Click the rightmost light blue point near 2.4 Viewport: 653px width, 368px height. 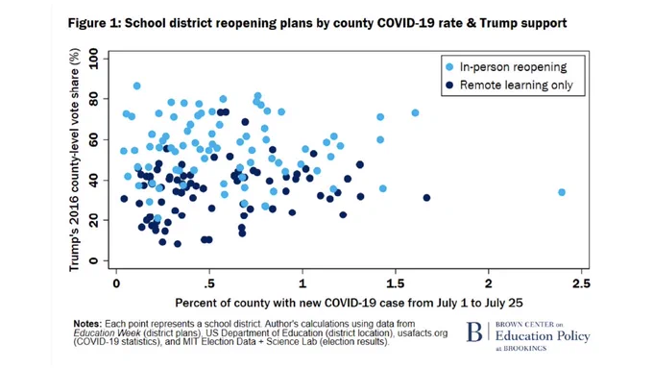562,192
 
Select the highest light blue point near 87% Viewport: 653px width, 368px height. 136,86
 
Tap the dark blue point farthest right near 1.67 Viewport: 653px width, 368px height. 426,198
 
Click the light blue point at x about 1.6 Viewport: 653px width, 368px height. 415,113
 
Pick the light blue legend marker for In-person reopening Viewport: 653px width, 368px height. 449,67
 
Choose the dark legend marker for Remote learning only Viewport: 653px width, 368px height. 449,85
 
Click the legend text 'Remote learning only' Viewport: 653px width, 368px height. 517,85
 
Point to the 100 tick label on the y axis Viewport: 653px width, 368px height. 93,59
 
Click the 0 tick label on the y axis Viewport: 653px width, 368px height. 93,261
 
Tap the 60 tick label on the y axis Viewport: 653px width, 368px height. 93,139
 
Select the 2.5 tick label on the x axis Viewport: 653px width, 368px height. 581,283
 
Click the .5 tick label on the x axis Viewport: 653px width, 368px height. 209,283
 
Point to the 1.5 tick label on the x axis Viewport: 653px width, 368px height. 396,283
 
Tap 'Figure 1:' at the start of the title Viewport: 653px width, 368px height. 94,23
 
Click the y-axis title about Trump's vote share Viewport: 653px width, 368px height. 74,159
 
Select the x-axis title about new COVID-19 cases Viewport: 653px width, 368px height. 349,303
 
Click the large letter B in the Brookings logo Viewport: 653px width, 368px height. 474,331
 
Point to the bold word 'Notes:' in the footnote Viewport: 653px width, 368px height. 87,324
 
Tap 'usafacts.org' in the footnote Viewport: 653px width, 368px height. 423,333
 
